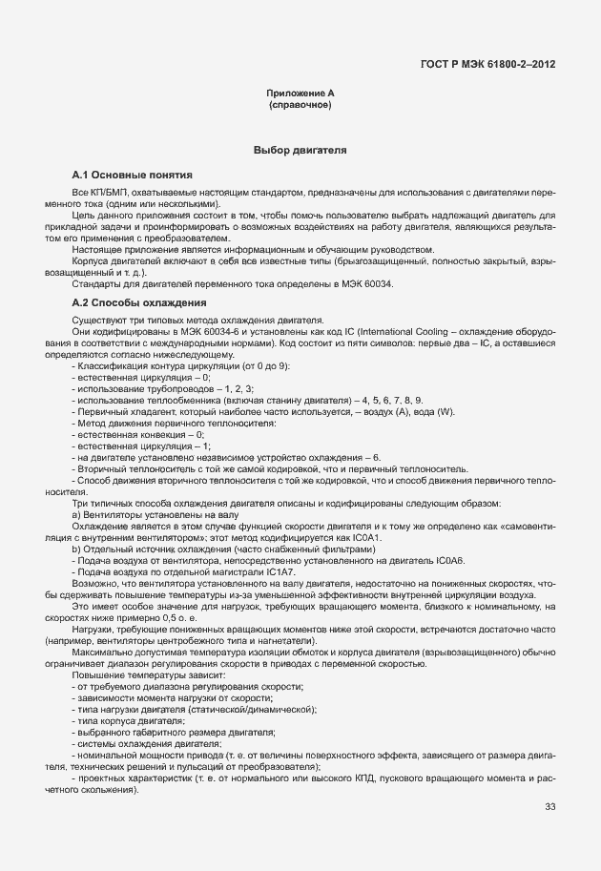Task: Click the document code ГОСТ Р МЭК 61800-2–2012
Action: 487,65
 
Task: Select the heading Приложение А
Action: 300,93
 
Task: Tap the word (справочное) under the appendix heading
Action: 300,104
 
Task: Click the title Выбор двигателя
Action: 300,151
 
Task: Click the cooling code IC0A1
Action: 360,539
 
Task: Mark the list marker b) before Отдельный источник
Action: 75,550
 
